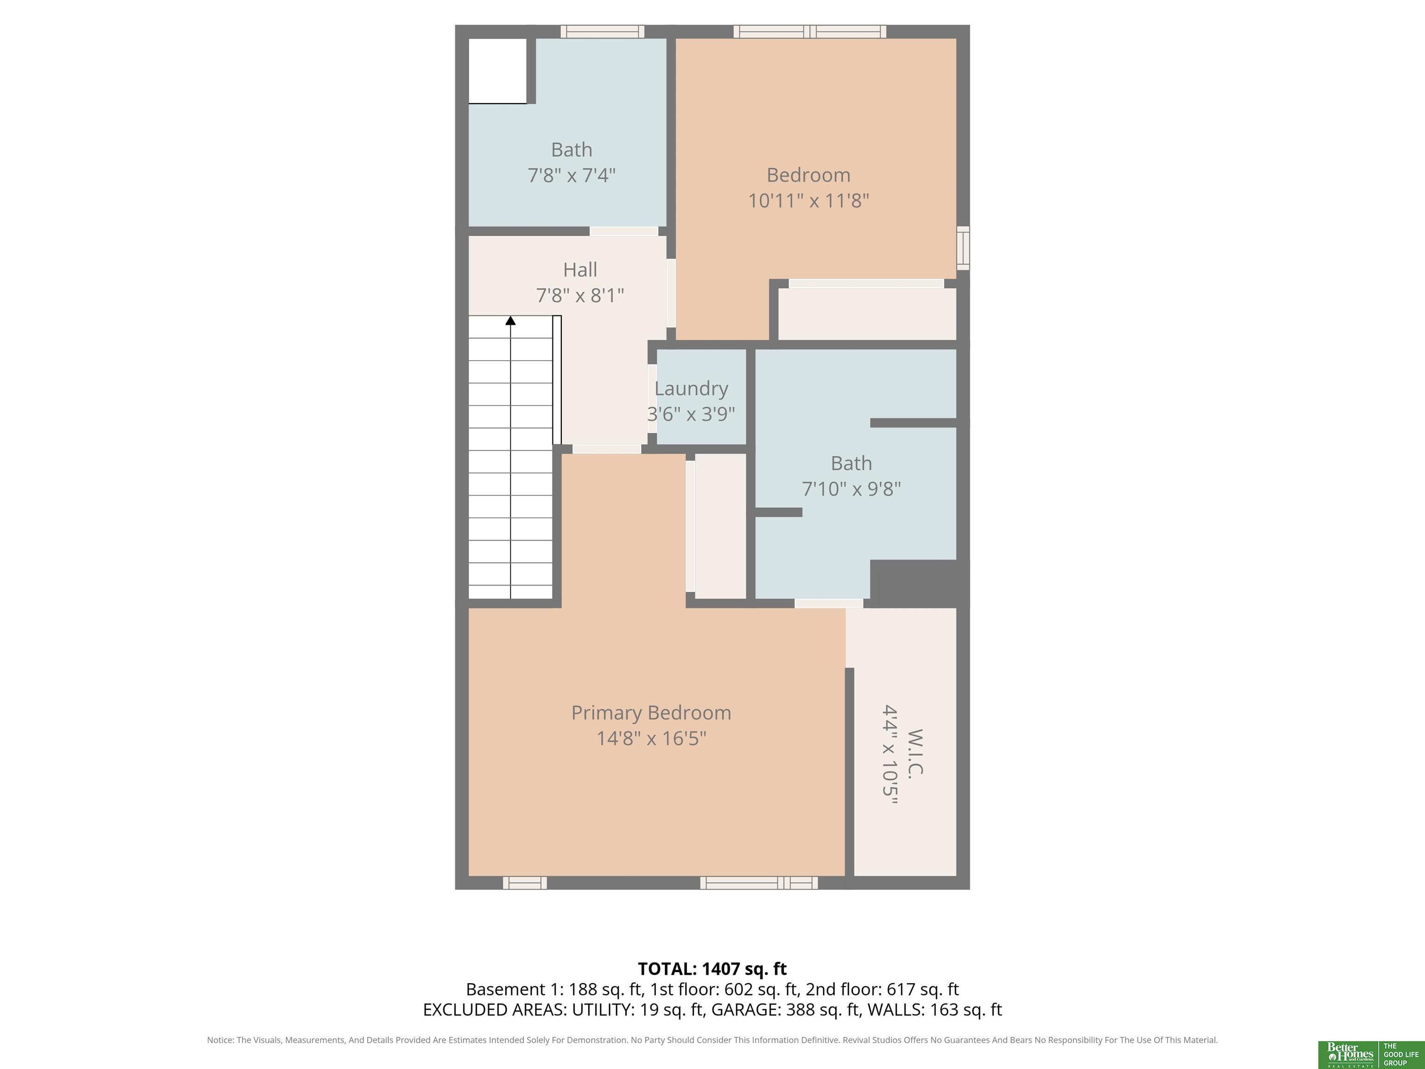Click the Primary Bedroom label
(x=651, y=713)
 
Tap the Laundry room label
(x=691, y=388)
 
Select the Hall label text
(x=580, y=270)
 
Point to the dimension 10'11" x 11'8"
(x=809, y=200)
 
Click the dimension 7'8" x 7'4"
(x=571, y=175)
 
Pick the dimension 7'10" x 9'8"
(x=851, y=489)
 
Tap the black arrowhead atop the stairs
(x=510, y=320)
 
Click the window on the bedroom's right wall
(x=963, y=248)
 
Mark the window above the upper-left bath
(x=603, y=32)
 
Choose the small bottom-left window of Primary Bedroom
(x=524, y=883)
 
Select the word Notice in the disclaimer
(x=220, y=1040)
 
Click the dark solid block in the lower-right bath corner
(x=919, y=583)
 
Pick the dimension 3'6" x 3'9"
(x=691, y=414)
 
